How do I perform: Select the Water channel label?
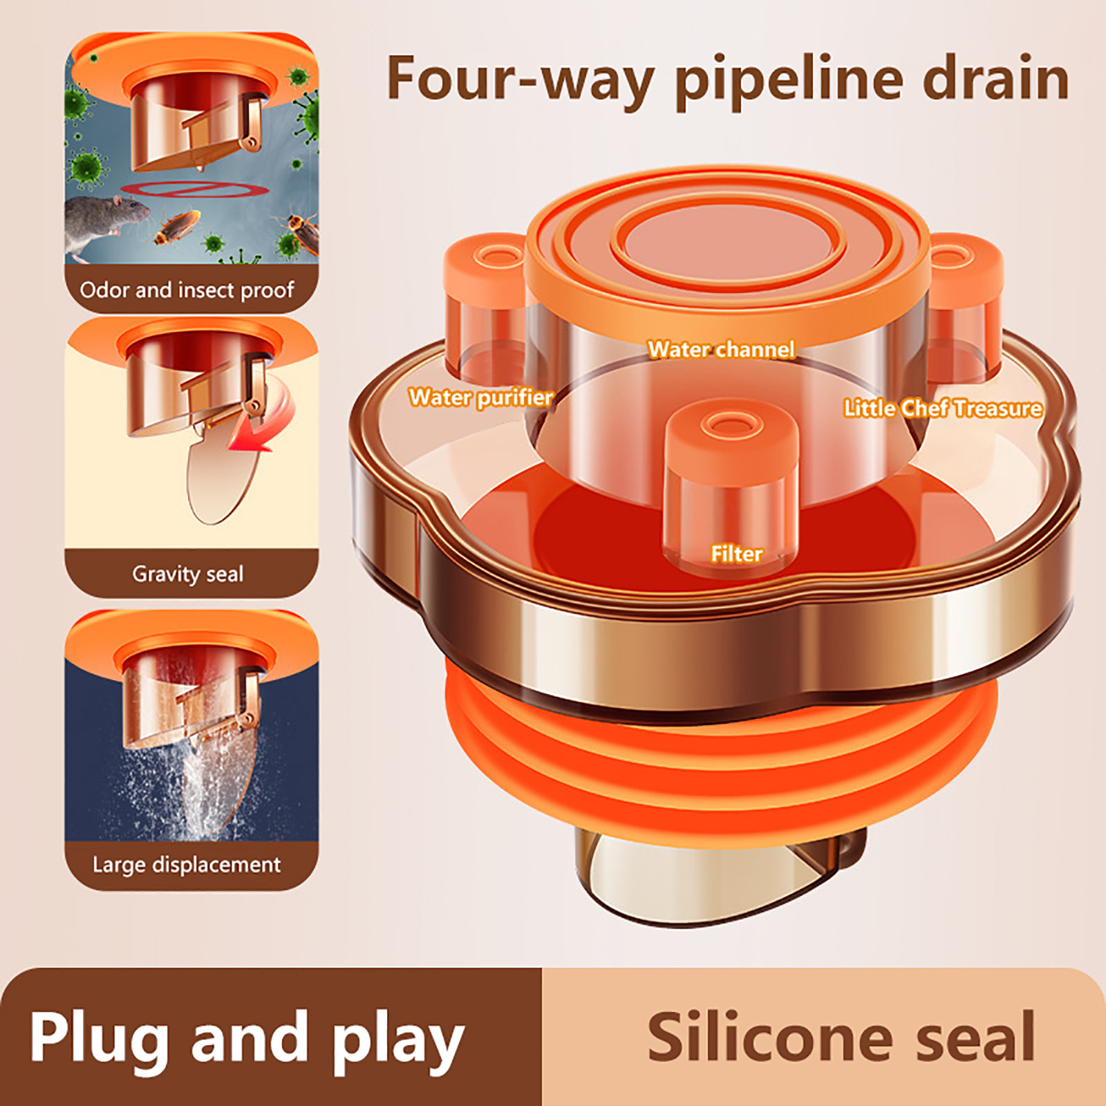pyautogui.click(x=721, y=349)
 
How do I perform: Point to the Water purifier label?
pyautogui.click(x=480, y=397)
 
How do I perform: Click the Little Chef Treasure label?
pyautogui.click(x=943, y=408)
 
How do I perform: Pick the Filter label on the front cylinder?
pyautogui.click(x=737, y=554)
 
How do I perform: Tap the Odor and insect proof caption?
pyautogui.click(x=187, y=290)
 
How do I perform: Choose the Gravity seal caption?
pyautogui.click(x=187, y=574)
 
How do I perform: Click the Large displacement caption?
pyautogui.click(x=187, y=865)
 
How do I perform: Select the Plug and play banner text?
pyautogui.click(x=247, y=1039)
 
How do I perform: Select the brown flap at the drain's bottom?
pyautogui.click(x=719, y=874)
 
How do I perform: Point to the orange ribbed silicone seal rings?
pyautogui.click(x=719, y=753)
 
